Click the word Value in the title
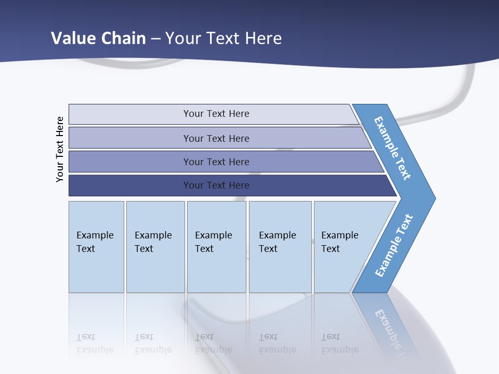(72, 38)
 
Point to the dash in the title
(155, 39)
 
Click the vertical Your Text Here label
(60, 149)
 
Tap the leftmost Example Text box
(96, 247)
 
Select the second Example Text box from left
(155, 247)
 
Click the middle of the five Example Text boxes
(216, 247)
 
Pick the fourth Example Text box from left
(280, 247)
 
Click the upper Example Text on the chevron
(392, 148)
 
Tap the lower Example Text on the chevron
(393, 245)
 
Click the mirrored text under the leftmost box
(95, 343)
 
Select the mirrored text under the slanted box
(339, 343)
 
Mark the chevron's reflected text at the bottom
(393, 332)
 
